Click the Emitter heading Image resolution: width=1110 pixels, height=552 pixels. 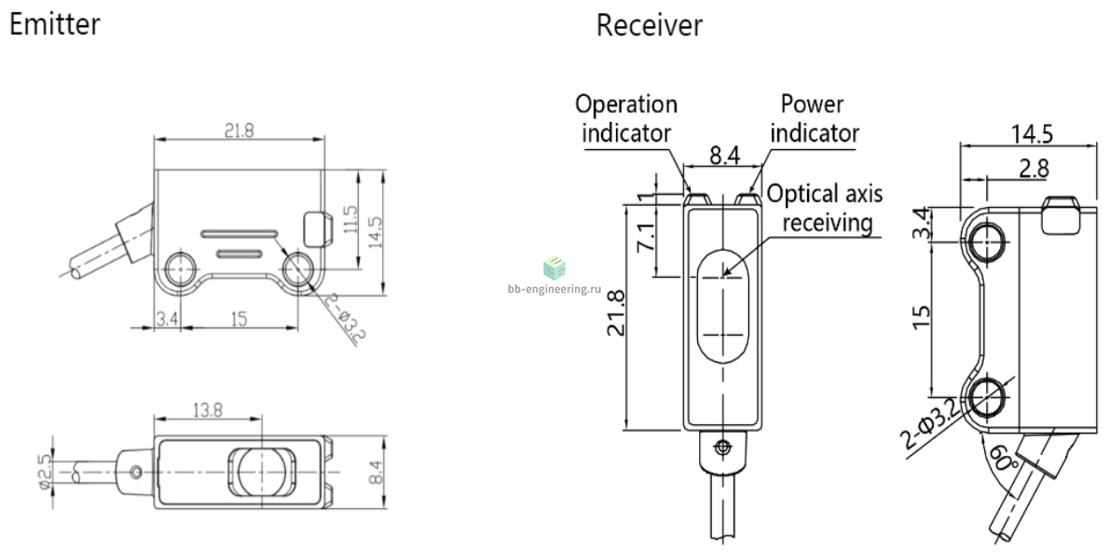54,24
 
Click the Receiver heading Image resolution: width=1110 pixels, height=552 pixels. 650,25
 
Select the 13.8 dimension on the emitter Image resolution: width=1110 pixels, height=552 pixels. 207,409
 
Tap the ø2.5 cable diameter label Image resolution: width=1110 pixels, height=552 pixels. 46,471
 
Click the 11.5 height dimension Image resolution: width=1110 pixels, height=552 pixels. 351,220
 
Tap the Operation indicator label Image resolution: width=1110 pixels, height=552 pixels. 625,118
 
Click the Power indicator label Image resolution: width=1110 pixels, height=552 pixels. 815,118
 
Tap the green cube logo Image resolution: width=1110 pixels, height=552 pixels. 555,268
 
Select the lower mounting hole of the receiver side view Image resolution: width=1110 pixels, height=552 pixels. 985,397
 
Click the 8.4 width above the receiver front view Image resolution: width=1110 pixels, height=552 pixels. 724,156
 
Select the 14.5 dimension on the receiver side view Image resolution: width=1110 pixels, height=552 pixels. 1032,133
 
